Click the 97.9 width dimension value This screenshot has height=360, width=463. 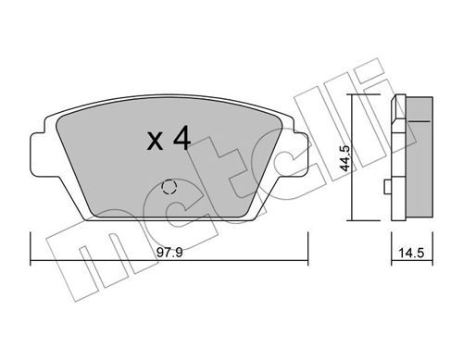(x=169, y=253)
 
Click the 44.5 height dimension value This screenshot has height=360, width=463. (x=344, y=158)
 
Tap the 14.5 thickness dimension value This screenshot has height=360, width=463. (x=411, y=253)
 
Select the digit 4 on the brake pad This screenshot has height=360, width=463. (x=181, y=139)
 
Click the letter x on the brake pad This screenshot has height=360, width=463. (x=155, y=142)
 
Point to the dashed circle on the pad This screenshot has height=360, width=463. (x=169, y=187)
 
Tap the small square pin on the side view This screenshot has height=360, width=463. (x=387, y=187)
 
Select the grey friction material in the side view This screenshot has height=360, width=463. (x=419, y=158)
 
